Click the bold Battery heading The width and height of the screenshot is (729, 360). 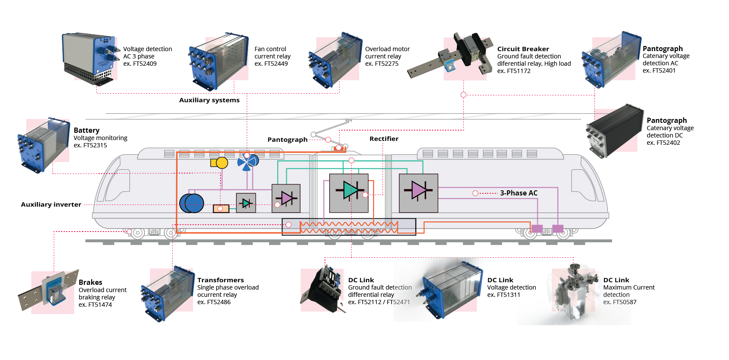[86, 131]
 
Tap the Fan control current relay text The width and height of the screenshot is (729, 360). [273, 53]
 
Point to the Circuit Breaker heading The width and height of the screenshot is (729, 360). [523, 49]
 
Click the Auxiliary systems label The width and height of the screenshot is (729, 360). [209, 100]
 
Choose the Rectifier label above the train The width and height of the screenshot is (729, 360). [384, 139]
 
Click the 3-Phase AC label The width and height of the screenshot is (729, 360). [519, 193]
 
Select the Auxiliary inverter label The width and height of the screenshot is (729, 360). [51, 204]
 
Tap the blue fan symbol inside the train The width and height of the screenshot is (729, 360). [248, 162]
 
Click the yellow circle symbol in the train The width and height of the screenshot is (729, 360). [222, 163]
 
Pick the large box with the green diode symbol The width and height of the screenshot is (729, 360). [349, 193]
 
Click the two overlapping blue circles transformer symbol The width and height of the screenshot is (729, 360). [192, 203]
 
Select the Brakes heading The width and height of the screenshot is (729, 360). [90, 282]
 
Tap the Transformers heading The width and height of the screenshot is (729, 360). [221, 280]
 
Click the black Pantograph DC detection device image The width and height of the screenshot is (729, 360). [615, 131]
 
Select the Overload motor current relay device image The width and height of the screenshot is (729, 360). [335, 60]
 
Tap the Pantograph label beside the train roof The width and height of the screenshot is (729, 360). [288, 140]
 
